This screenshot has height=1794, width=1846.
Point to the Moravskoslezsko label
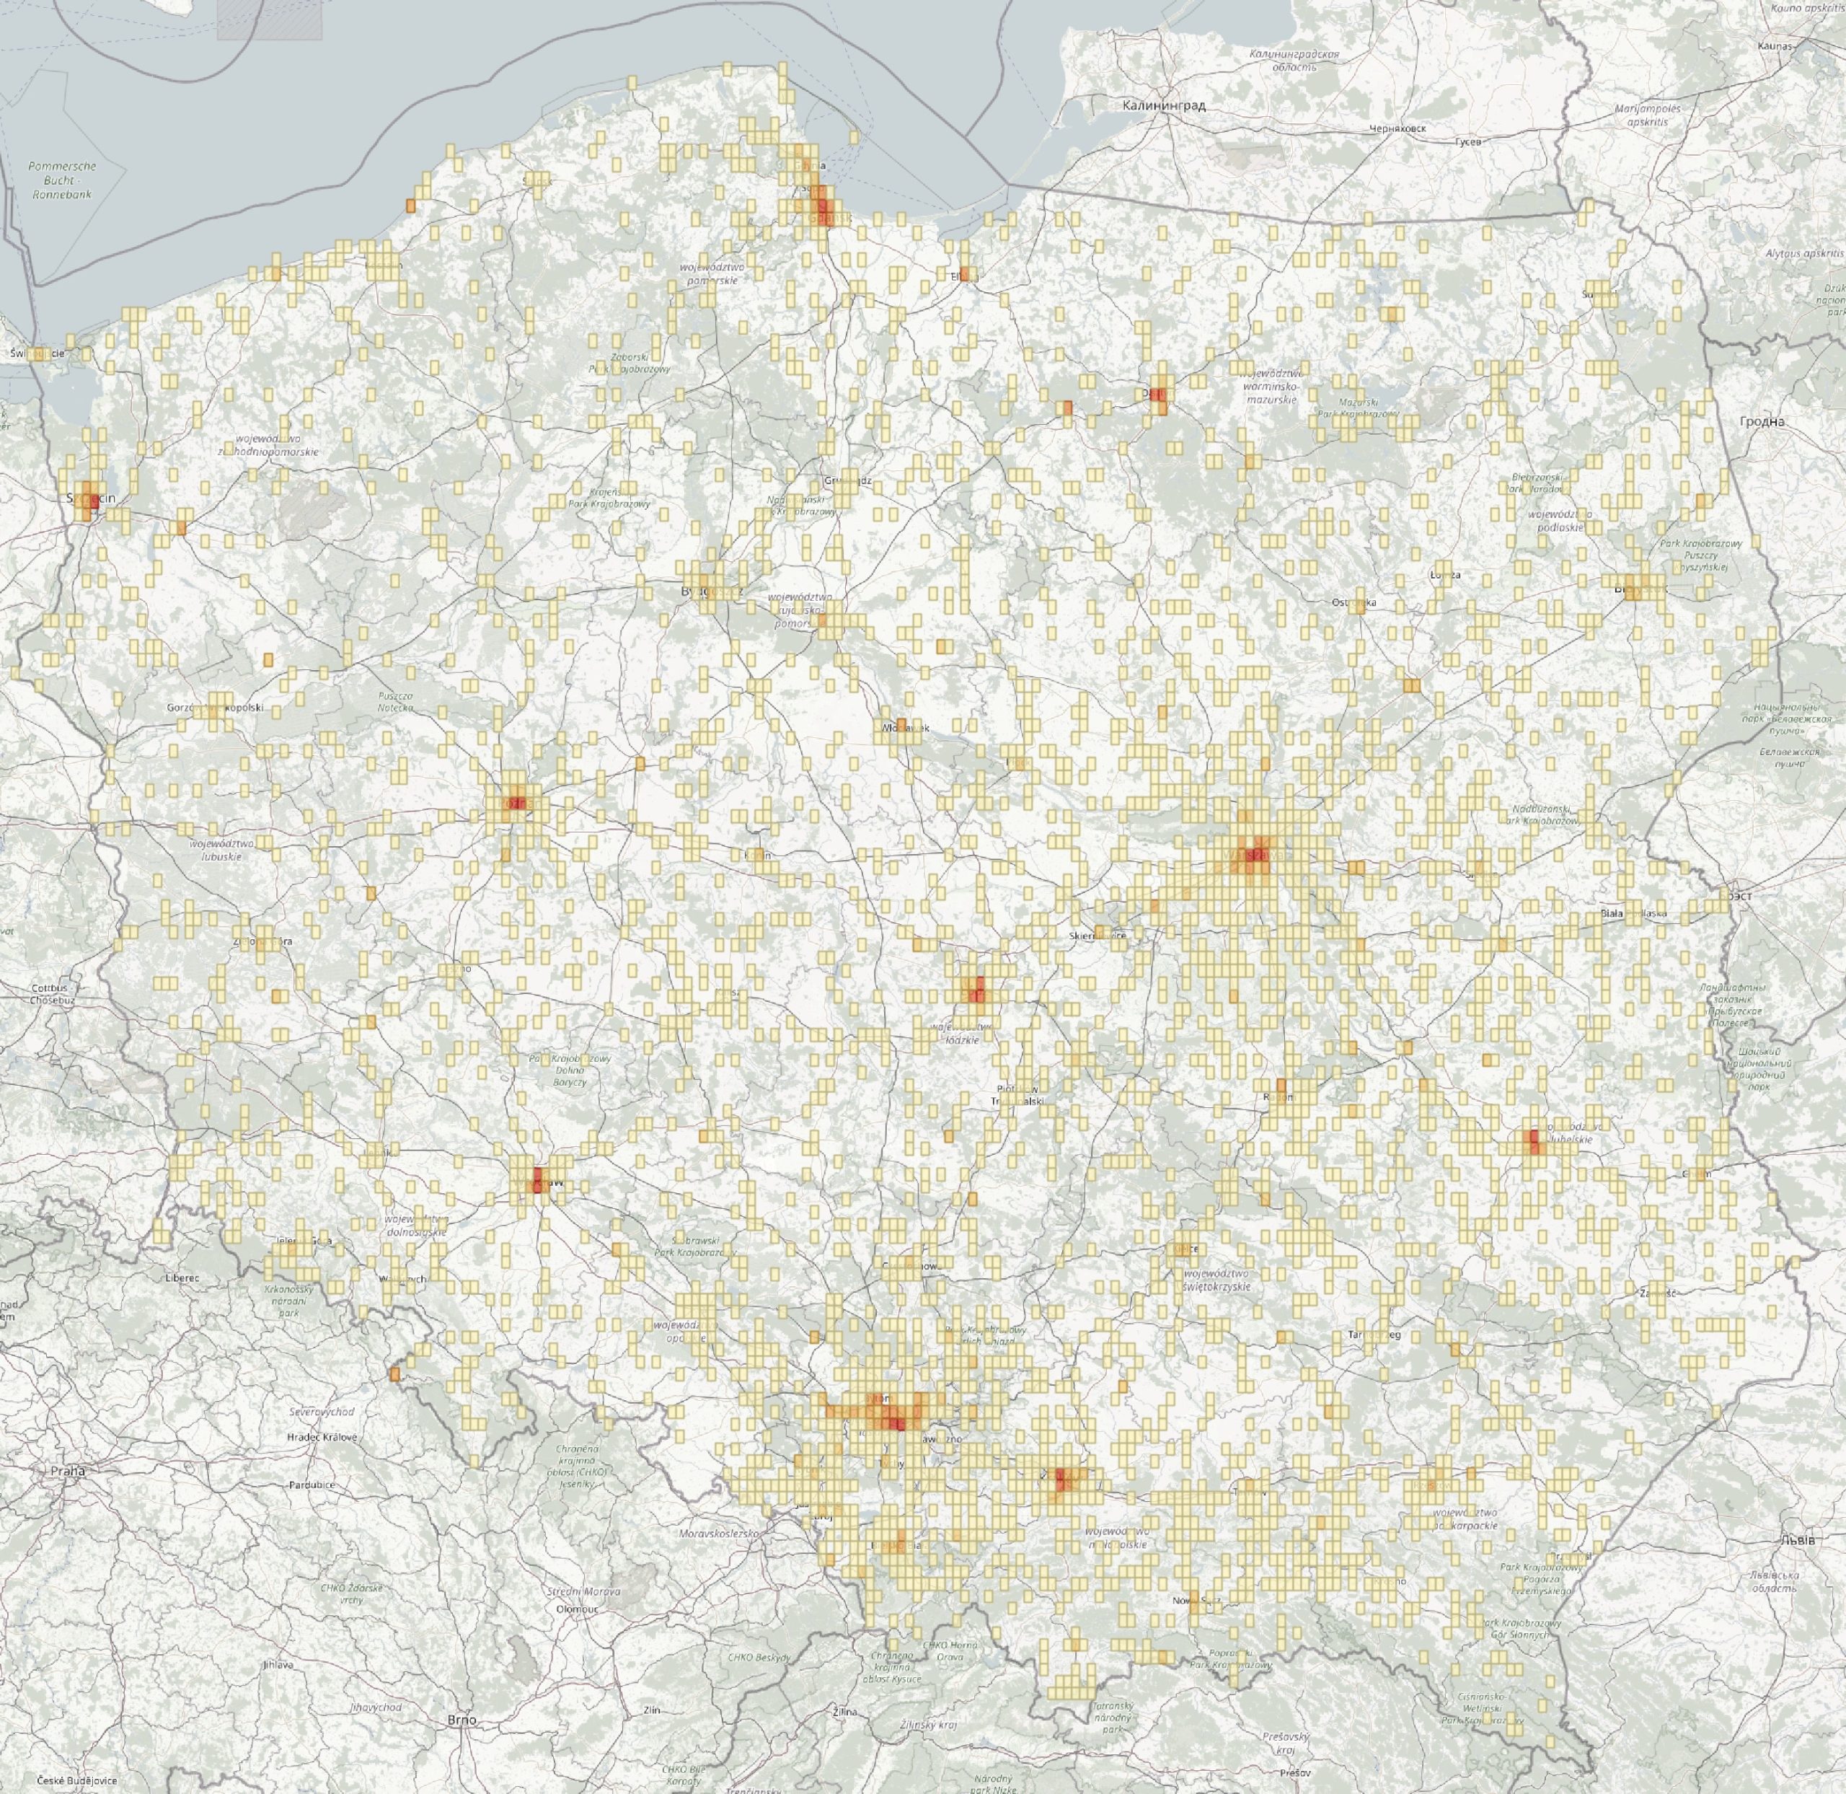click(719, 1534)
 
